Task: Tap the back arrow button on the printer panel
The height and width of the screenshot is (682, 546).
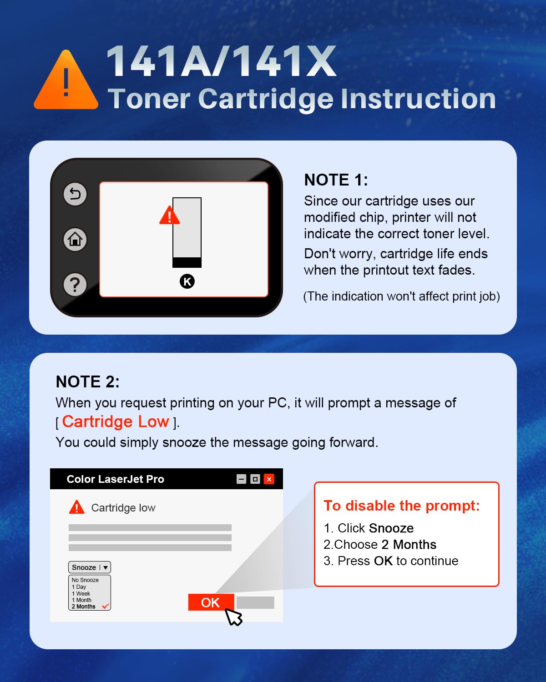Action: (x=75, y=194)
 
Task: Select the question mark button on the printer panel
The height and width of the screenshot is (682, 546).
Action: (x=75, y=285)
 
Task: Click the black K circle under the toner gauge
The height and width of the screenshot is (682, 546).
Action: (x=187, y=281)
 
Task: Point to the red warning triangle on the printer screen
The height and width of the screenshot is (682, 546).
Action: (x=169, y=216)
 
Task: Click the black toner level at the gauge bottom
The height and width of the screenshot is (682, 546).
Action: (x=187, y=262)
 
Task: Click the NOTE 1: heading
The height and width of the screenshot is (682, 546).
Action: (x=336, y=180)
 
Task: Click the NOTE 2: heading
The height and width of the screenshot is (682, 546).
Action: (x=87, y=382)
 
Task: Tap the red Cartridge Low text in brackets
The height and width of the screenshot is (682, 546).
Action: (x=116, y=422)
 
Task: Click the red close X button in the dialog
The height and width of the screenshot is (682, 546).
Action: (x=269, y=479)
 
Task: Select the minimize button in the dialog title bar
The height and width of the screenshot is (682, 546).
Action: (x=242, y=479)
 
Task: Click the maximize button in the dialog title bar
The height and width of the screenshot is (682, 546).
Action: (x=255, y=479)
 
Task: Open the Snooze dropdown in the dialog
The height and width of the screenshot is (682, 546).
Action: (x=90, y=567)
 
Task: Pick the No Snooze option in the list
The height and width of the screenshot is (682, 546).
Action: (x=85, y=580)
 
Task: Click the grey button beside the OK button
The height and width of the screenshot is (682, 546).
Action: (x=255, y=602)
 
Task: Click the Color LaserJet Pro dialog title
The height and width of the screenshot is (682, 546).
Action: (x=115, y=479)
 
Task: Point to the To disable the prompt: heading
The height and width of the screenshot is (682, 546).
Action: (x=401, y=506)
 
